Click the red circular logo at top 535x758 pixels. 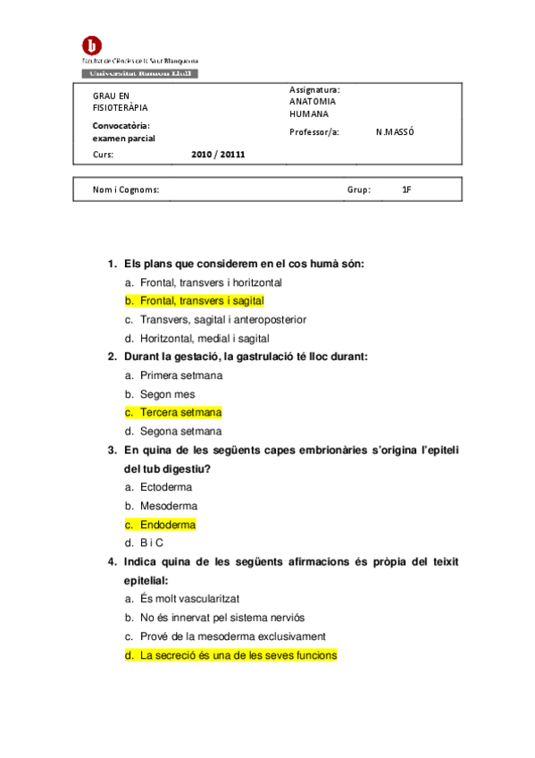point(92,45)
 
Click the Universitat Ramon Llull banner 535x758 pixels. point(140,73)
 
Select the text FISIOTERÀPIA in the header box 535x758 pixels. point(121,108)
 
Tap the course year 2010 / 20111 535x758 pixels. point(218,154)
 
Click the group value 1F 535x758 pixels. point(406,189)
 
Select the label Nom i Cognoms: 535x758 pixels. point(126,189)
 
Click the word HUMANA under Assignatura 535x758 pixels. point(309,114)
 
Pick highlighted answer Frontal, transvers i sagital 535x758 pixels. point(201,301)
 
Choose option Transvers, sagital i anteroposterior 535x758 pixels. point(222,320)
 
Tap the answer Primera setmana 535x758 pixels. point(181,375)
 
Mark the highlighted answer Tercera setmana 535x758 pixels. point(180,412)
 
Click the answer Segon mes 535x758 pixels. point(167,394)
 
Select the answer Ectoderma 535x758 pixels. point(166,487)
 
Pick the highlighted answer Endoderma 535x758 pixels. point(167,525)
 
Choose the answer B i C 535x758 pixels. point(152,543)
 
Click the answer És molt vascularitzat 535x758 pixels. point(188,599)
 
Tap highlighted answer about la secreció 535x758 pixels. point(238,655)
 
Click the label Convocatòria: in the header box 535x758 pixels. point(121,125)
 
